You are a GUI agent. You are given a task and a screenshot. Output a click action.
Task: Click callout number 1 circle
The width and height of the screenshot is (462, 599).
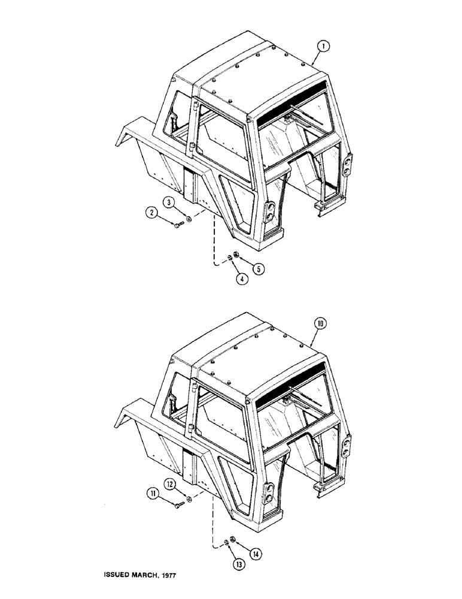click(x=321, y=46)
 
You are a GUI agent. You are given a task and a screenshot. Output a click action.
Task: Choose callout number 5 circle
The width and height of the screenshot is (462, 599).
click(x=259, y=268)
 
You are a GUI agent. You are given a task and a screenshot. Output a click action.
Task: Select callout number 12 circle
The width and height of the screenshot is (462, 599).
click(x=171, y=483)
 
